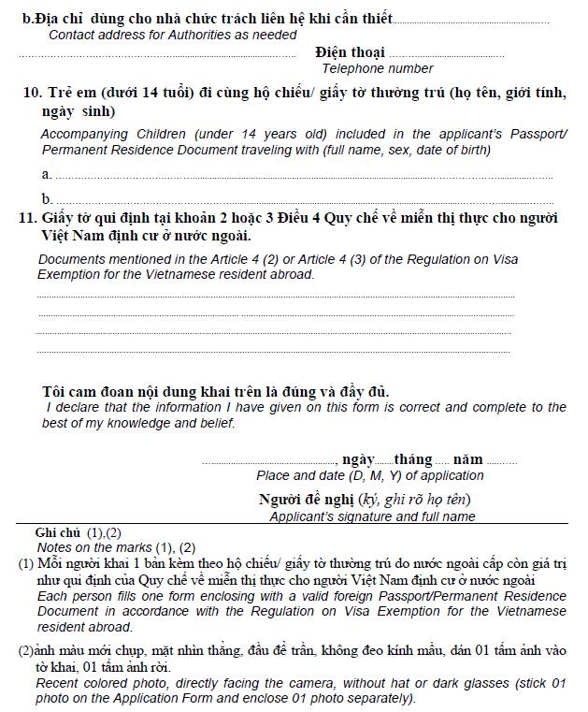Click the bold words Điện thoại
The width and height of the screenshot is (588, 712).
click(x=350, y=52)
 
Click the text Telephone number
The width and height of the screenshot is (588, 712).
click(x=378, y=68)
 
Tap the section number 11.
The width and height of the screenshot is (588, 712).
click(x=27, y=218)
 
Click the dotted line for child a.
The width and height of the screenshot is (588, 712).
click(x=304, y=175)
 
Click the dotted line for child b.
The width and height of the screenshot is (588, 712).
click(x=304, y=199)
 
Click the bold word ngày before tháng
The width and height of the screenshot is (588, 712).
click(x=358, y=459)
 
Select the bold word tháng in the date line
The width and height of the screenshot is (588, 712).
click(x=413, y=459)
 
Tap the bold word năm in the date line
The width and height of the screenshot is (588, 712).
click(x=468, y=459)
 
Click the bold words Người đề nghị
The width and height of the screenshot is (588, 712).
click(x=304, y=500)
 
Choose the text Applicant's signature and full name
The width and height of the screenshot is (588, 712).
click(x=372, y=516)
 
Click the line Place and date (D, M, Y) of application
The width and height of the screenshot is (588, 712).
click(x=370, y=475)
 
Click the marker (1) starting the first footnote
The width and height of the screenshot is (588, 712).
click(x=25, y=564)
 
